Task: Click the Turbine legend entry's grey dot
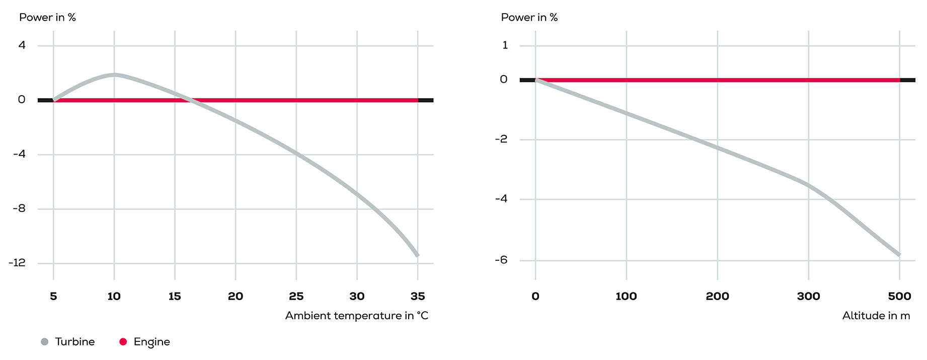(x=44, y=342)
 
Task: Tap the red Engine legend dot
(x=123, y=342)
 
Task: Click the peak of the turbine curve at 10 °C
(x=114, y=75)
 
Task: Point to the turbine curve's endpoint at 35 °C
(x=417, y=255)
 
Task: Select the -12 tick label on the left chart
(x=17, y=263)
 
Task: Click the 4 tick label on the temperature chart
(x=22, y=45)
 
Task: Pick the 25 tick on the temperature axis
(x=296, y=296)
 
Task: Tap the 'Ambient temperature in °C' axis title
(x=356, y=316)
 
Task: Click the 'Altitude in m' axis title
(x=876, y=316)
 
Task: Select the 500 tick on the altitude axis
(x=899, y=296)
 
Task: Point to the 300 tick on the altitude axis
(x=808, y=296)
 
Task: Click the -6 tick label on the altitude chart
(x=501, y=260)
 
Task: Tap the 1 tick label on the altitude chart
(x=505, y=45)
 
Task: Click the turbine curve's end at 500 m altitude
(x=899, y=255)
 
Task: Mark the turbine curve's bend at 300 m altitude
(x=808, y=185)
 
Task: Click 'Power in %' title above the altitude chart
(x=529, y=18)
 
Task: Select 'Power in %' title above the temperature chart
(x=47, y=18)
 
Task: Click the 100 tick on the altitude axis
(x=626, y=296)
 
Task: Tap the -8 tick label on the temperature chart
(x=19, y=208)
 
